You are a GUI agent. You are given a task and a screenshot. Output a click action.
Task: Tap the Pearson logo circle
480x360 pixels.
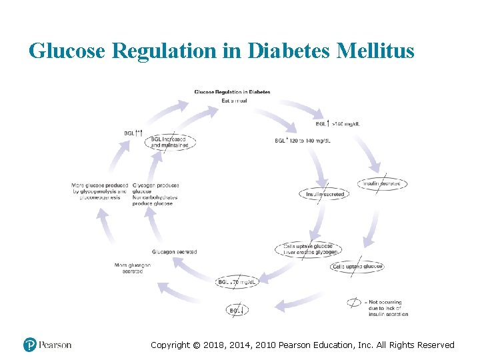pos(30,345)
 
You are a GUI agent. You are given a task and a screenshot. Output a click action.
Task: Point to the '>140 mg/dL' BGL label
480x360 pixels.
pos(340,124)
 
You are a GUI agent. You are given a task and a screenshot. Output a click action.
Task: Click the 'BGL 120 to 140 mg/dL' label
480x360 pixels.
pos(303,141)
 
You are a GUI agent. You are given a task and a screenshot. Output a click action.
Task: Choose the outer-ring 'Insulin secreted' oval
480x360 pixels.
pos(381,183)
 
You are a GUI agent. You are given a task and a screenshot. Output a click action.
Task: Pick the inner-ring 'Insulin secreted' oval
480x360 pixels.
pos(325,194)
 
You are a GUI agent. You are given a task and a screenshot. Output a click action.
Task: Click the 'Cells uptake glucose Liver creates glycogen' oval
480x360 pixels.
pos(308,249)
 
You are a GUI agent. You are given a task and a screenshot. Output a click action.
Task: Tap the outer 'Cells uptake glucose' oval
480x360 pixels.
pos(358,267)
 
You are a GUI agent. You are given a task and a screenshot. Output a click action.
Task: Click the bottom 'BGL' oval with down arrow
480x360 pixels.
pos(237,310)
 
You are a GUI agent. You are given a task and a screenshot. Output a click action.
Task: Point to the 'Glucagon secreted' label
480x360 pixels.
pos(174,252)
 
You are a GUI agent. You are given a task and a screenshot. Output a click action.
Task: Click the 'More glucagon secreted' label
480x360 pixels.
pos(132,268)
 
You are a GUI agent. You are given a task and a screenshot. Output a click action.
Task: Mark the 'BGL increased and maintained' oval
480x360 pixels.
pos(171,143)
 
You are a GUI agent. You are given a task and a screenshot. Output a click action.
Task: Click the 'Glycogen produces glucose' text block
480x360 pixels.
pos(155,194)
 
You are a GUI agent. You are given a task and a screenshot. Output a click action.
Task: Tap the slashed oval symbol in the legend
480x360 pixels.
pos(354,303)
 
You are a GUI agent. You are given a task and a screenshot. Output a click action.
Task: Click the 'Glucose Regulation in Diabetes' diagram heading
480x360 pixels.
pos(232,92)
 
